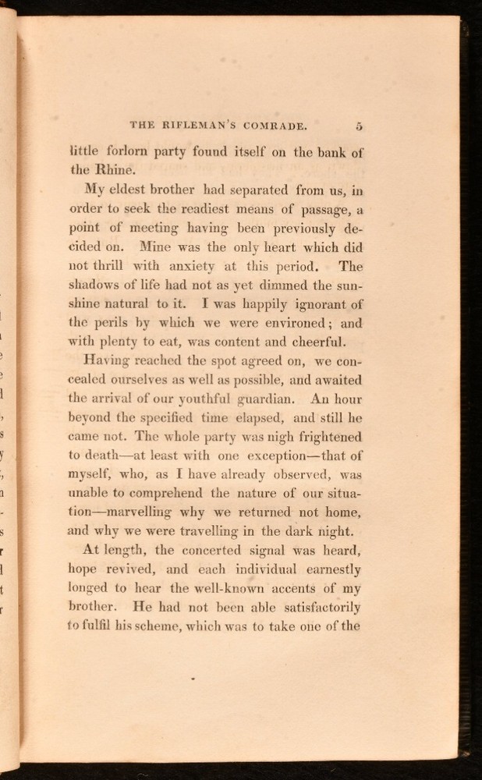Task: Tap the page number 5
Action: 358,124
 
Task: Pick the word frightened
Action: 324,438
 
